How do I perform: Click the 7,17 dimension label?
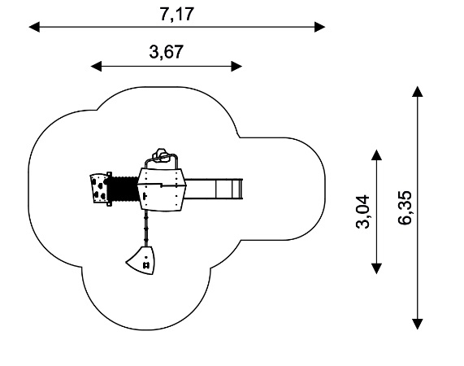click(176, 14)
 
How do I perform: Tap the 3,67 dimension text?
click(166, 51)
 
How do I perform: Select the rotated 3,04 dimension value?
click(362, 211)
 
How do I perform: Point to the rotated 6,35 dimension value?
click(405, 207)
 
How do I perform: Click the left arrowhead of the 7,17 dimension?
click(34, 27)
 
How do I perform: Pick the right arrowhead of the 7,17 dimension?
click(320, 27)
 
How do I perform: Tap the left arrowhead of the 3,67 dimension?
click(96, 67)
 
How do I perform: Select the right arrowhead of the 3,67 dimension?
click(236, 67)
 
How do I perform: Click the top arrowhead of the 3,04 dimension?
click(376, 155)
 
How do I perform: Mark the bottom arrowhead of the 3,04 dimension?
click(376, 268)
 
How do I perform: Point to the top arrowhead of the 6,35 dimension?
click(418, 91)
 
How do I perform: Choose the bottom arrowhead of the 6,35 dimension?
click(418, 324)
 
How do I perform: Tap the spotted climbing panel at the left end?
click(99, 189)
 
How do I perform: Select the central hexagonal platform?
click(162, 190)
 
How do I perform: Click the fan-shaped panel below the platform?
click(141, 260)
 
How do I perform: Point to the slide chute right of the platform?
click(214, 189)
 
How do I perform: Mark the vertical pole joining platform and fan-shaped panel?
click(145, 229)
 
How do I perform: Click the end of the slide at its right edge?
click(241, 189)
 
